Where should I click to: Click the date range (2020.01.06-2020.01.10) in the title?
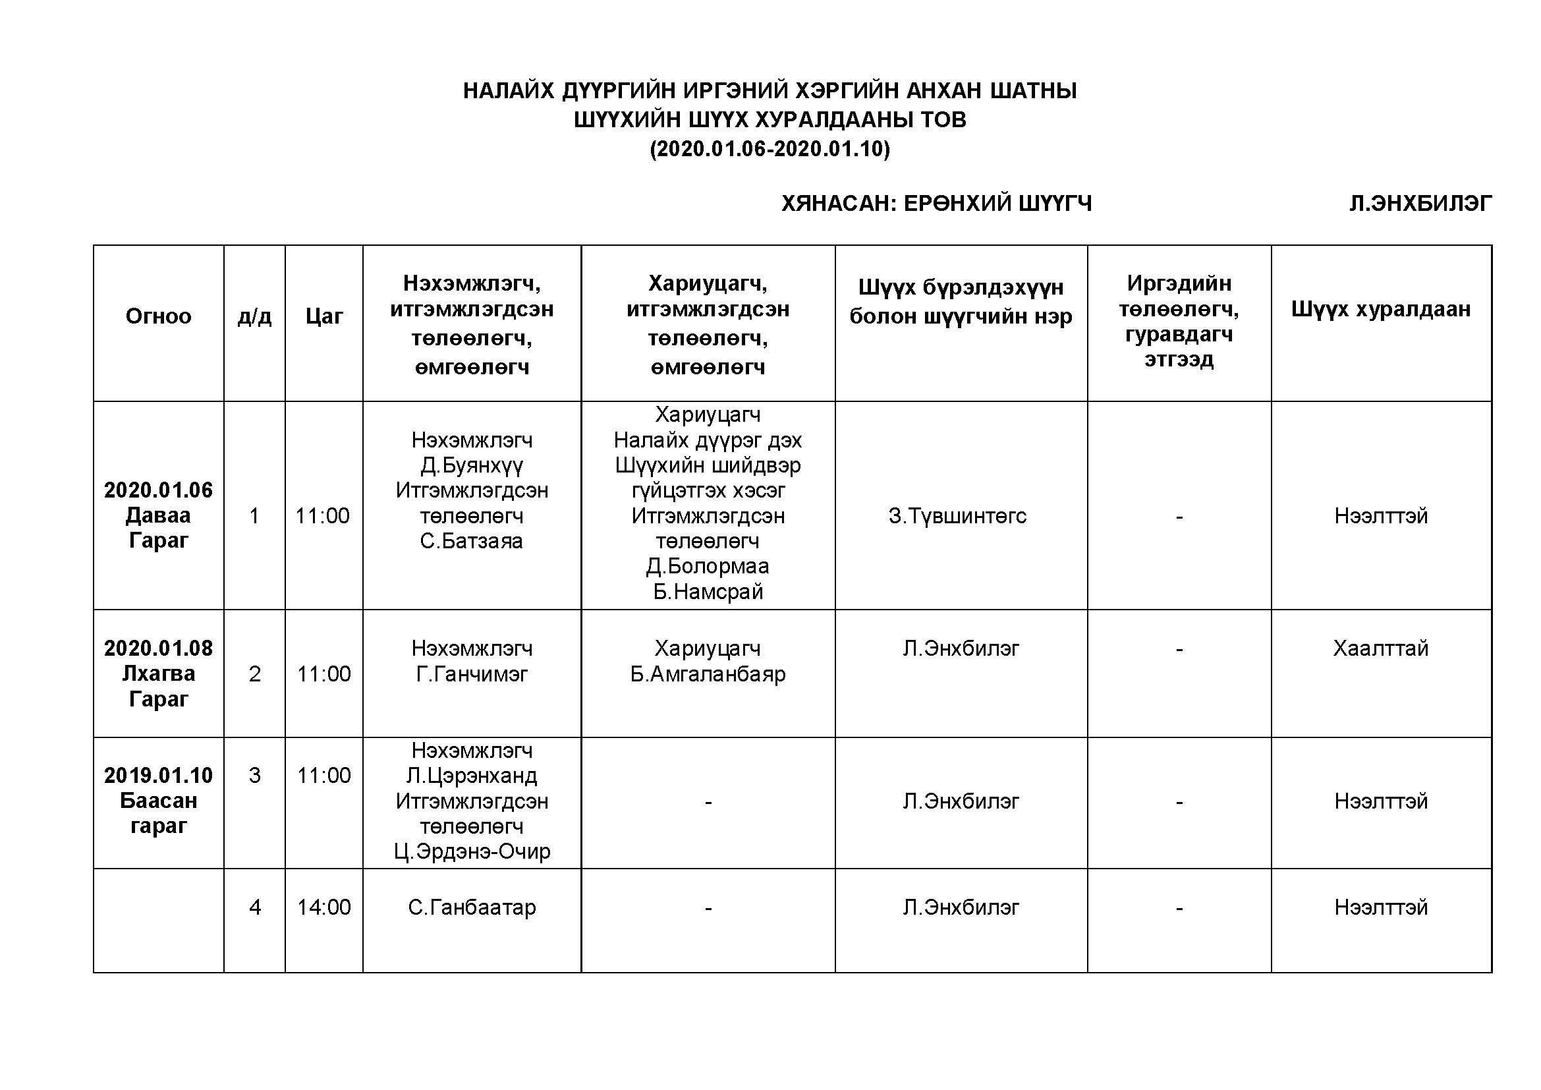pos(770,148)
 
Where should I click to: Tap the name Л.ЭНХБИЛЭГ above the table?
pos(1420,203)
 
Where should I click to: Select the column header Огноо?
pos(158,316)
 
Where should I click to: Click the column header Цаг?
pos(323,316)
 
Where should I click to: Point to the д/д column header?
pos(254,316)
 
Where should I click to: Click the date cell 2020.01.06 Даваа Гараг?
pos(158,515)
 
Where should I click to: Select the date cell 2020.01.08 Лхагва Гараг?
pos(158,674)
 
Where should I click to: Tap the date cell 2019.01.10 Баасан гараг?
pos(158,800)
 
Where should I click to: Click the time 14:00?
pos(323,907)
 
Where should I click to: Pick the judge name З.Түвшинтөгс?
pos(957,515)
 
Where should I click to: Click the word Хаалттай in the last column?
pos(1381,648)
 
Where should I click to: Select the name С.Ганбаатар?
pos(472,907)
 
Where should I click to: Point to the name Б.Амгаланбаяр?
pos(708,674)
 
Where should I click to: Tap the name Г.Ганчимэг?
pos(472,674)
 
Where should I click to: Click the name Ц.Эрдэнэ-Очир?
pos(472,851)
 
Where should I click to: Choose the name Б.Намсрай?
pos(708,591)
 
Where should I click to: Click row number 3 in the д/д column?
pos(254,775)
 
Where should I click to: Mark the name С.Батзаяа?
pos(471,540)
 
